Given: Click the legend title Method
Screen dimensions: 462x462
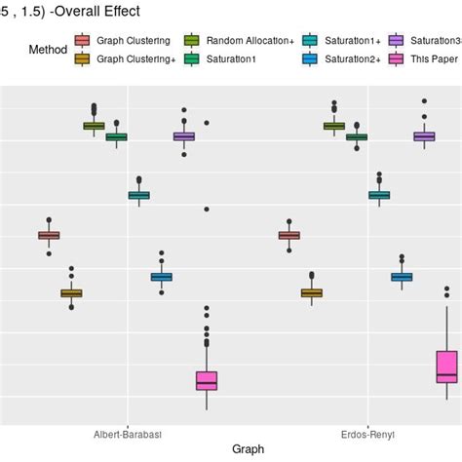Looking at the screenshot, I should point(48,49).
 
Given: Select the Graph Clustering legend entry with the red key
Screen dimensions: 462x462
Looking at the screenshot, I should point(133,41).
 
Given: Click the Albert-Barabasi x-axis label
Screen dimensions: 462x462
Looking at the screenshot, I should point(128,434).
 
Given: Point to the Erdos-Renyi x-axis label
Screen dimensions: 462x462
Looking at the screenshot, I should point(368,434).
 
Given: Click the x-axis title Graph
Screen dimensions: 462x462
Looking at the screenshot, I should point(249,449).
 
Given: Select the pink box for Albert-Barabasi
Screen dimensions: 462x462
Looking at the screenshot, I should point(207,380).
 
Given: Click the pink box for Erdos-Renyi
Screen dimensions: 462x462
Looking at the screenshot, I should point(446,366).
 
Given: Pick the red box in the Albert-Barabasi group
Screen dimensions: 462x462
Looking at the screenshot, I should point(49,235).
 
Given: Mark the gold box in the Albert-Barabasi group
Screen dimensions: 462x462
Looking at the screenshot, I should point(71,292).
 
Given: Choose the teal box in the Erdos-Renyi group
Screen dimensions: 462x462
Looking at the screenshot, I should point(379,195).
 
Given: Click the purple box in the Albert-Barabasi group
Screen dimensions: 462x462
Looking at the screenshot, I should point(184,136).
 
